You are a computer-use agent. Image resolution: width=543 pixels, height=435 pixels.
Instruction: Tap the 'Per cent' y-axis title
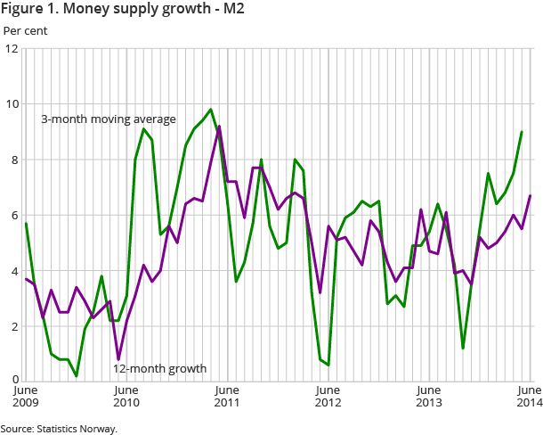[26, 31]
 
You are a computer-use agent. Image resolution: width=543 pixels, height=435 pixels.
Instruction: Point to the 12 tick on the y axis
[12, 48]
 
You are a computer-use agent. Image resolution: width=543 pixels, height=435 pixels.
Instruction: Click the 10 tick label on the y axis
[12, 104]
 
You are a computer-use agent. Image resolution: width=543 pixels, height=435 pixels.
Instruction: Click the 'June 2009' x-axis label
[26, 397]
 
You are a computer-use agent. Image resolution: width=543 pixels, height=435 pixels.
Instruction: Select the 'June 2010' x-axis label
[126, 397]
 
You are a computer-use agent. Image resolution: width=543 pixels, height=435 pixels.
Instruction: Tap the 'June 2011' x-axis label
[227, 397]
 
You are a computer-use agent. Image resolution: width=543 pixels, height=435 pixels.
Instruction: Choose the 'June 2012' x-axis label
[328, 397]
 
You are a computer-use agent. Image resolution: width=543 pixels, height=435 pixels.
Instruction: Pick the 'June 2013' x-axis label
[428, 397]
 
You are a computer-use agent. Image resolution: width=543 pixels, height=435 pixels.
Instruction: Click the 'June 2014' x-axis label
[529, 397]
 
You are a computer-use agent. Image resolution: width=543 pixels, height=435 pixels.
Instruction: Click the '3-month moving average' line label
[109, 119]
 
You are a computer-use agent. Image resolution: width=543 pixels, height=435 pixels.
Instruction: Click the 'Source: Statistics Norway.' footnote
[59, 429]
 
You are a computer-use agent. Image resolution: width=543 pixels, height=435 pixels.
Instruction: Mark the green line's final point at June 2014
[522, 132]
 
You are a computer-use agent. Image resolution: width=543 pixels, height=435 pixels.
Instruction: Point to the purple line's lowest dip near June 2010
[118, 360]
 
